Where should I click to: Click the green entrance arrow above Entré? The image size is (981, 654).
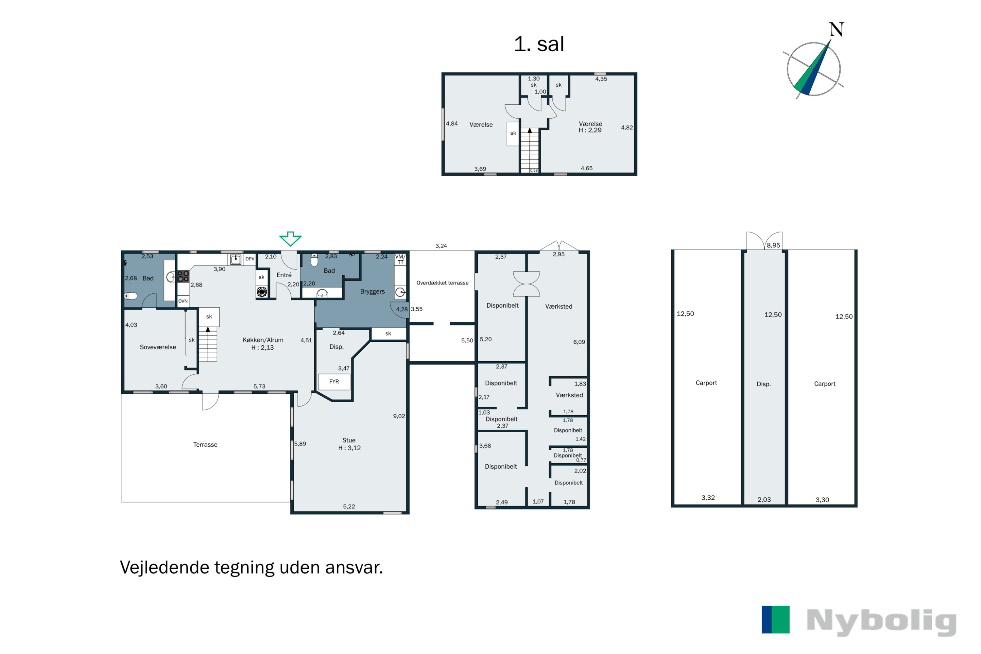click(290, 239)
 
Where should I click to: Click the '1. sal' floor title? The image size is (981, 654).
click(539, 44)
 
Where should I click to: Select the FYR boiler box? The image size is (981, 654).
click(334, 382)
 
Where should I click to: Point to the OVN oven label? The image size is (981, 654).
click(183, 301)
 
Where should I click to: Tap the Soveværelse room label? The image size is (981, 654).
click(158, 347)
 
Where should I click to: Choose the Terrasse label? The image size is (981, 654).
click(205, 445)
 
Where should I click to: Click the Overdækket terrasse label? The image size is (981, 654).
click(442, 283)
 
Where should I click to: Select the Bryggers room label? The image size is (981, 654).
click(372, 292)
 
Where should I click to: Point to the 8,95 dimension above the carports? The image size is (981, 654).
click(773, 245)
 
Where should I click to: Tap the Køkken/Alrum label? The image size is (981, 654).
click(263, 340)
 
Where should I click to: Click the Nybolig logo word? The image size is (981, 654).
click(881, 622)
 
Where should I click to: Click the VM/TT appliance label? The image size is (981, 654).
click(400, 259)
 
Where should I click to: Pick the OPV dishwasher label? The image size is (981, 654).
click(250, 259)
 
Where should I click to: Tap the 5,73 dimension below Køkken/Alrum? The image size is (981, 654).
click(259, 387)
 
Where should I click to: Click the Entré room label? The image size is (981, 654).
click(284, 275)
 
